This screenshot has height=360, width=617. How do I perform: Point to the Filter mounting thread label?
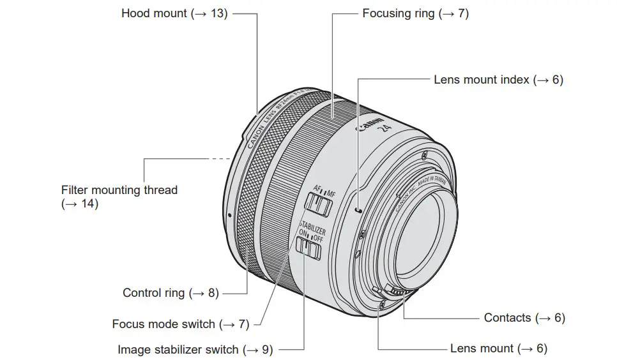(x=119, y=190)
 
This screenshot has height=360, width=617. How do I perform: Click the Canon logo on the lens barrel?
(x=371, y=124)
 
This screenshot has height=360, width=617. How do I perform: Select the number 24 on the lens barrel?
(x=385, y=130)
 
